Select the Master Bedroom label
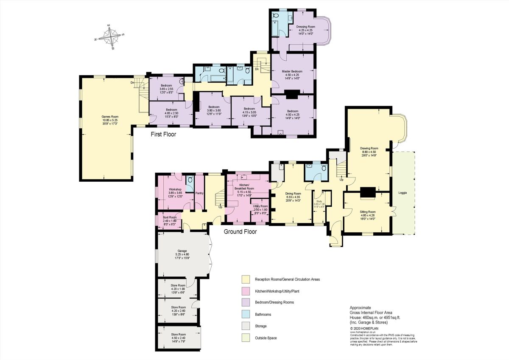pyautogui.click(x=292, y=71)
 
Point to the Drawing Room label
pyautogui.click(x=370, y=149)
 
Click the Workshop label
pyautogui.click(x=175, y=189)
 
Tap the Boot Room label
pyautogui.click(x=169, y=217)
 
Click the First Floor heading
pyautogui.click(x=163, y=134)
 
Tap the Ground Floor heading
pyautogui.click(x=240, y=232)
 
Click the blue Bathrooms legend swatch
pyautogui.click(x=246, y=315)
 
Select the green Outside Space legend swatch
pyautogui.click(x=246, y=338)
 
